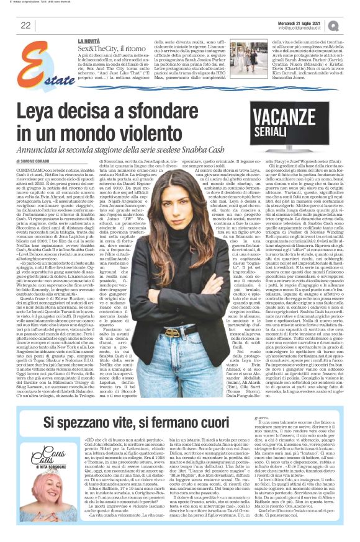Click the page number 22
26,25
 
